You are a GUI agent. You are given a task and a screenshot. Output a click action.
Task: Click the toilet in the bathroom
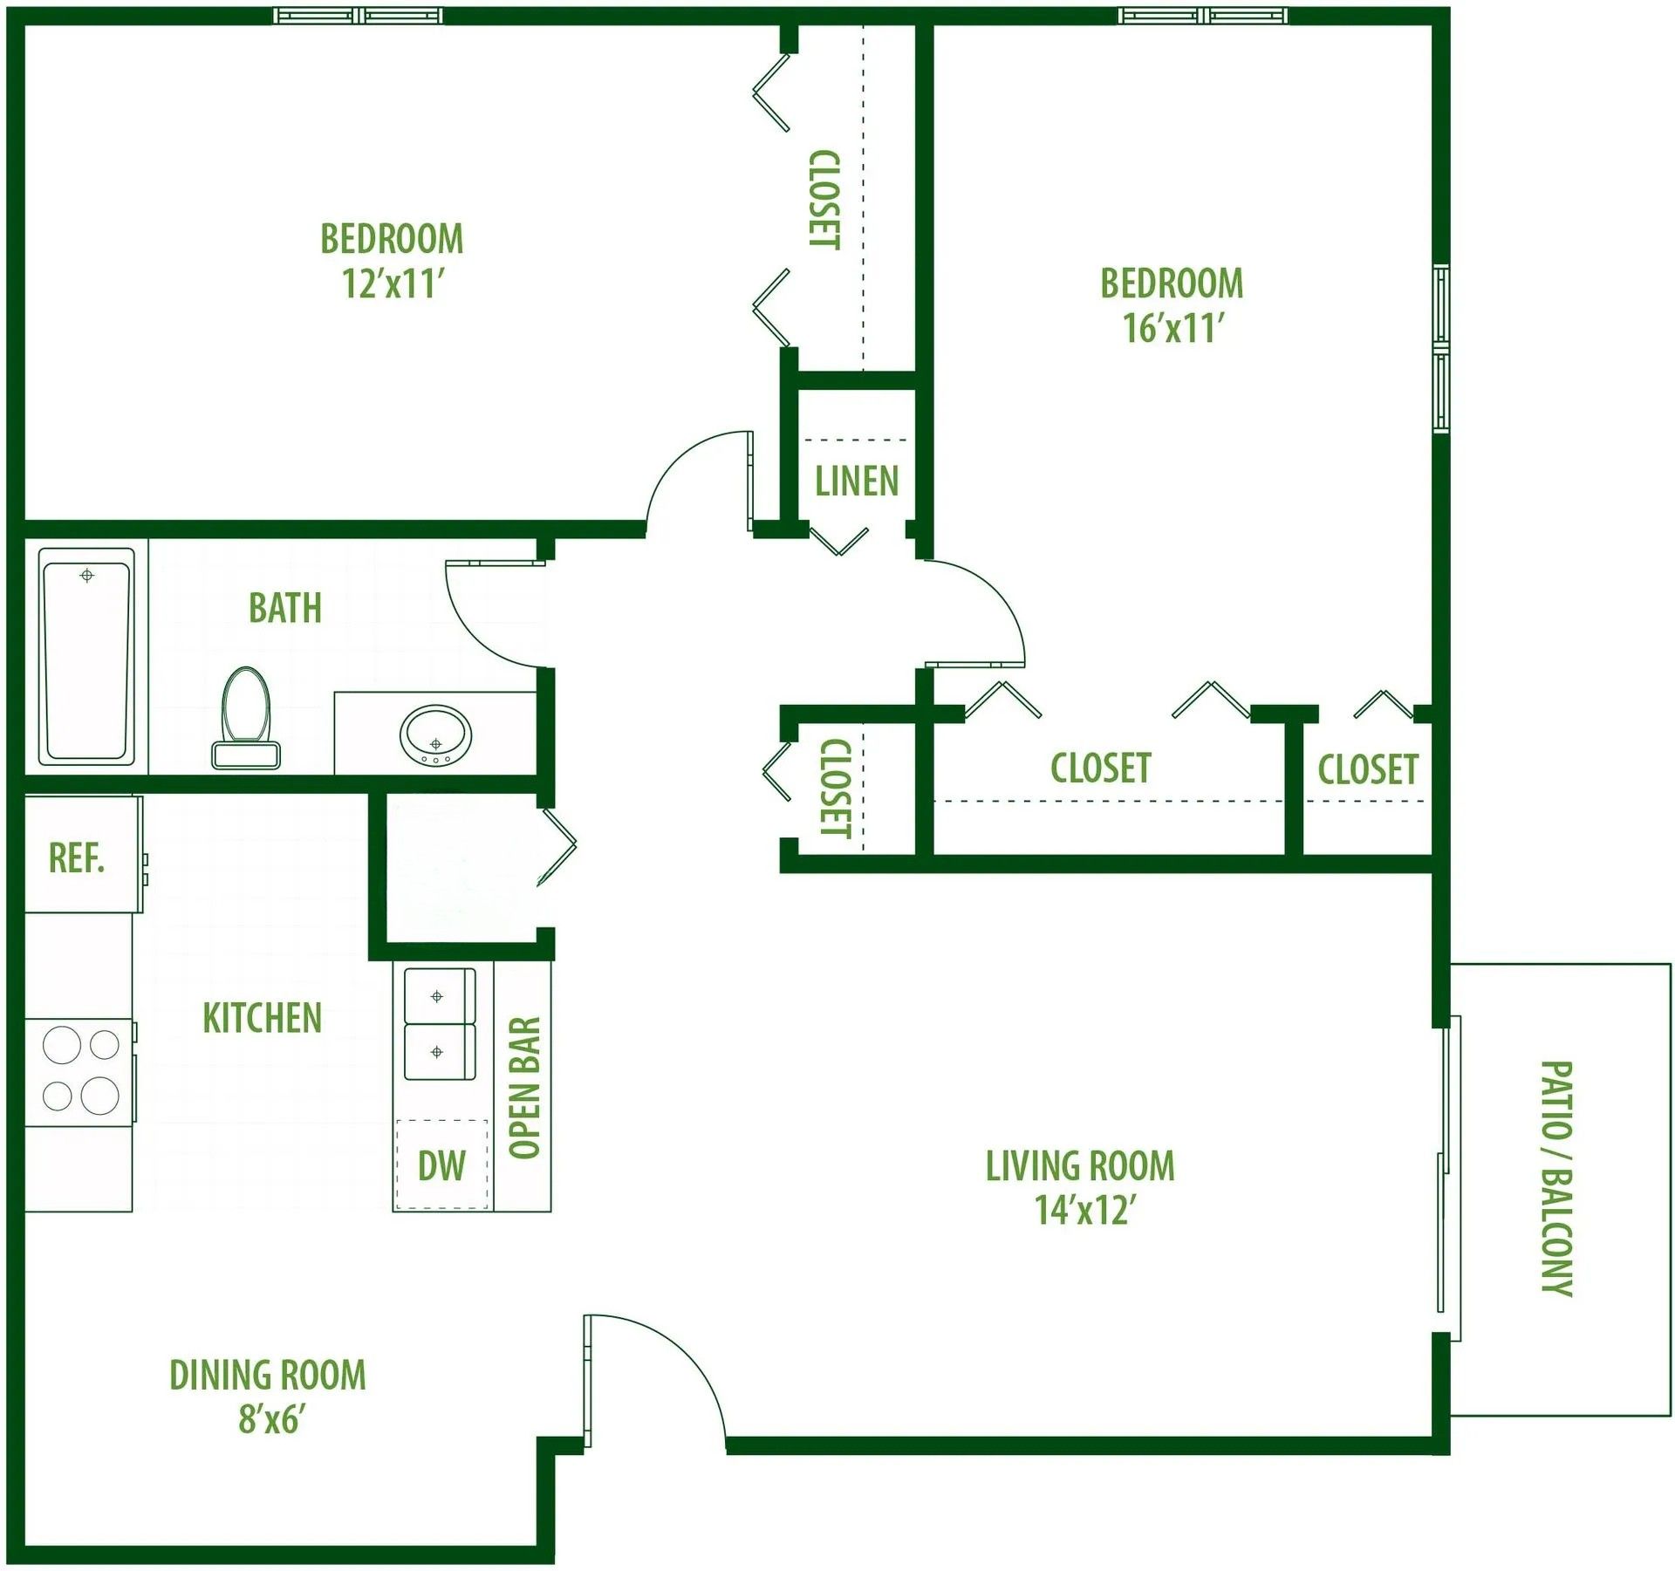(246, 718)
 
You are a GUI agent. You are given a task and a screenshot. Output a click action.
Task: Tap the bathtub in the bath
(86, 657)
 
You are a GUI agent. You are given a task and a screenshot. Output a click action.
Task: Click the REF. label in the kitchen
(77, 858)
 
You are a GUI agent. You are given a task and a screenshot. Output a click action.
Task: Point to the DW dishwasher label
(441, 1166)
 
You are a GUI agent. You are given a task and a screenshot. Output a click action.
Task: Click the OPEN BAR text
(525, 1088)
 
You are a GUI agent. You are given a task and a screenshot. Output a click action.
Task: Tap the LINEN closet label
(857, 482)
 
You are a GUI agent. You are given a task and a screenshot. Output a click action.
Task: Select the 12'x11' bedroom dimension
(393, 283)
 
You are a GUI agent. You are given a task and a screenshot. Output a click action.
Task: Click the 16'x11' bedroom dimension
(1173, 329)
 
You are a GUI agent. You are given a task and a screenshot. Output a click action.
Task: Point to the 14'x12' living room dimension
(1085, 1212)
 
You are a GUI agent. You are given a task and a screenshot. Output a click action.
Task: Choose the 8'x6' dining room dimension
(271, 1420)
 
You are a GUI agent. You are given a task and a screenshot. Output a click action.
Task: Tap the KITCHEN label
(263, 1019)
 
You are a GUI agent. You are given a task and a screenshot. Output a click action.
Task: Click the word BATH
(285, 608)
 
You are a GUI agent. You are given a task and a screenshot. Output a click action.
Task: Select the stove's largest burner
(99, 1096)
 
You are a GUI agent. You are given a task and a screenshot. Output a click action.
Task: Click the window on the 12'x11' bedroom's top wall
(358, 16)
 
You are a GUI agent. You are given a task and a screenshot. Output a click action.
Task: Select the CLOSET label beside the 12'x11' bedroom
(824, 200)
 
